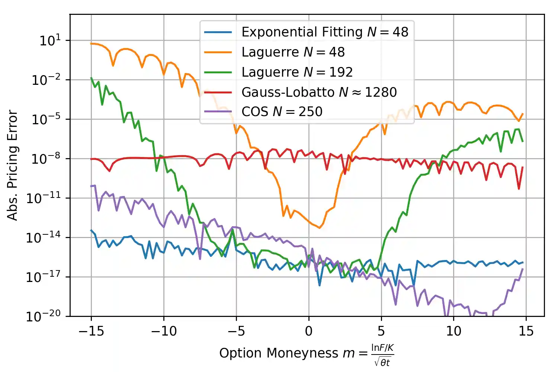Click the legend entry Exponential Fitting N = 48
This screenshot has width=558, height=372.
pyautogui.click(x=325, y=32)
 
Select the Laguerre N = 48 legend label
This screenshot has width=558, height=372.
pyautogui.click(x=293, y=52)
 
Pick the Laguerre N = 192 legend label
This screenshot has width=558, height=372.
pyautogui.click(x=297, y=72)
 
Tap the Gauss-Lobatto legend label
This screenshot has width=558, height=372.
pyautogui.click(x=319, y=92)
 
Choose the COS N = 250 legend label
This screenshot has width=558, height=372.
pyautogui.click(x=282, y=112)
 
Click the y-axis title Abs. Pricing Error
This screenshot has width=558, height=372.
pyautogui.click(x=13, y=165)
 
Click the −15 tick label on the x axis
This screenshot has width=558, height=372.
pyautogui.click(x=91, y=331)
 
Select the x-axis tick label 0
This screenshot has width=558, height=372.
pyautogui.click(x=308, y=331)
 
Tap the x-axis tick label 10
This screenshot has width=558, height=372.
pyautogui.click(x=453, y=331)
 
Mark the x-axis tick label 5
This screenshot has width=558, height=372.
pyautogui.click(x=381, y=331)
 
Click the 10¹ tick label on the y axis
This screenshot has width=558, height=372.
pyautogui.click(x=50, y=40)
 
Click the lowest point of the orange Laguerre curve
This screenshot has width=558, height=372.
pyautogui.click(x=320, y=228)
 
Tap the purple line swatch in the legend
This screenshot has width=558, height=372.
pyautogui.click(x=218, y=112)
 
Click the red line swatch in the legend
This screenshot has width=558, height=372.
pyautogui.click(x=218, y=92)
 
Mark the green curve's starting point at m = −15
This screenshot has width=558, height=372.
pyautogui.click(x=91, y=78)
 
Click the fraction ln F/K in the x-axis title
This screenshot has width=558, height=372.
pyautogui.click(x=382, y=348)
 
